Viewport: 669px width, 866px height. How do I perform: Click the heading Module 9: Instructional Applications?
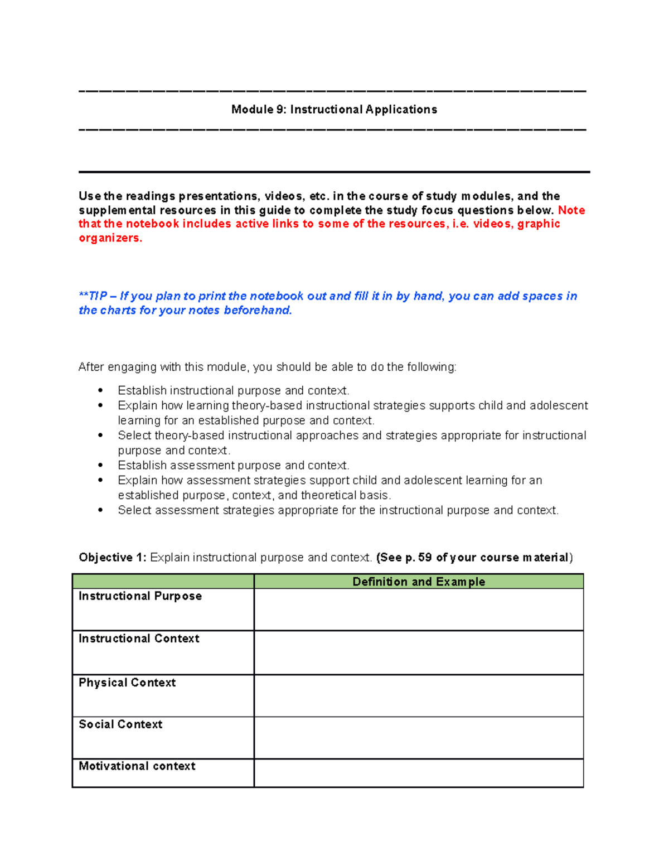(334, 109)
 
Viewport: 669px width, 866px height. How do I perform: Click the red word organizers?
(110, 238)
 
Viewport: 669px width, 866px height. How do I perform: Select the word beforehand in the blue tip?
(258, 311)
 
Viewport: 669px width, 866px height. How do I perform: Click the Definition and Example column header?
(418, 582)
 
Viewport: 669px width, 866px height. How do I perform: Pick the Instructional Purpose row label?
(140, 596)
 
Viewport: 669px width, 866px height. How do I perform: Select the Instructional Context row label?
(139, 638)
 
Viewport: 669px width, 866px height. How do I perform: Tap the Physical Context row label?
(127, 683)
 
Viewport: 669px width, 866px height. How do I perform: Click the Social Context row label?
(120, 724)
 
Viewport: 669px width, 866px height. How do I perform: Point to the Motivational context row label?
(137, 766)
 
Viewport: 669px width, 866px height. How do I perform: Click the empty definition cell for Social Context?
(418, 738)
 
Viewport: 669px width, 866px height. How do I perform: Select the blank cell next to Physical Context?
(418, 696)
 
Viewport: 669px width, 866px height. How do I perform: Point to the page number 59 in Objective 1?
(425, 558)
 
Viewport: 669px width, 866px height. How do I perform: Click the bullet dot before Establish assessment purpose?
(100, 465)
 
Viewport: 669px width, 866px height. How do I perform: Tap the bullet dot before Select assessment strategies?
(100, 510)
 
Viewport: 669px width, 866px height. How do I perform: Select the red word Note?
(571, 210)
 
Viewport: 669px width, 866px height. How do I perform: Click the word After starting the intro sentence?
(91, 367)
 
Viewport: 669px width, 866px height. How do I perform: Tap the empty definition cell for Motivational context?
(418, 773)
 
